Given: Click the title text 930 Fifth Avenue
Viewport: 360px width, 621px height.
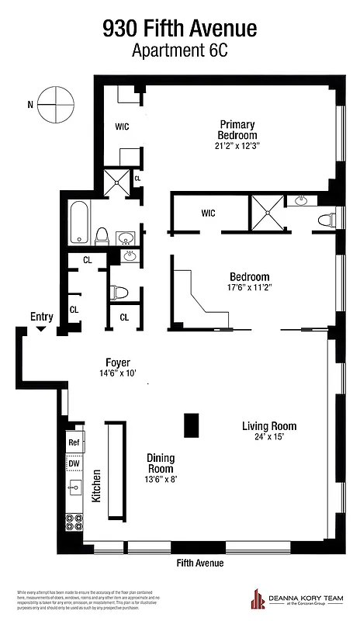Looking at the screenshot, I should (179, 29).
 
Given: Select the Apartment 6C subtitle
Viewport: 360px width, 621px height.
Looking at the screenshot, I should (179, 50).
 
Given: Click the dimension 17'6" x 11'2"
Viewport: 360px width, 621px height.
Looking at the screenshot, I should (249, 288).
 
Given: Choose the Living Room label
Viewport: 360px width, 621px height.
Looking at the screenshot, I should (268, 426).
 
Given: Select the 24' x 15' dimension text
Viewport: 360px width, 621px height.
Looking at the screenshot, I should (268, 437).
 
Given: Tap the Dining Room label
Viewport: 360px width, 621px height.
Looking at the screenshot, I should (161, 463).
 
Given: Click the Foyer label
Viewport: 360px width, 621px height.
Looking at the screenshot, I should (118, 363).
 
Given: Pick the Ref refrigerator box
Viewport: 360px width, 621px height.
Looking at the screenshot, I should (74, 442).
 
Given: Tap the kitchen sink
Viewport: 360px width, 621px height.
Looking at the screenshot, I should (75, 487).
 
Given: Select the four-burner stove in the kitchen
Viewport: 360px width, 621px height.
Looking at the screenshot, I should (75, 522).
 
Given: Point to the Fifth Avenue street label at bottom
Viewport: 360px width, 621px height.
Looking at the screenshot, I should (200, 563).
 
